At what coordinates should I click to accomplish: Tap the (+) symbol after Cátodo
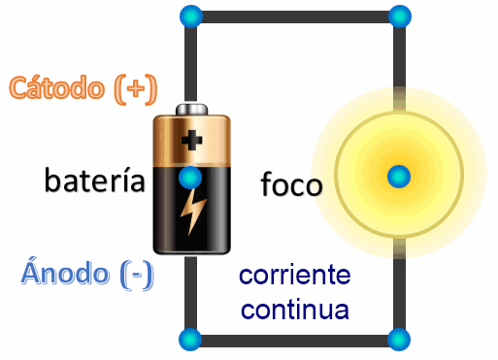tap(134, 88)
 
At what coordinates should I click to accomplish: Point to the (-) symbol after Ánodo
tap(137, 275)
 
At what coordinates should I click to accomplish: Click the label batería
tap(95, 180)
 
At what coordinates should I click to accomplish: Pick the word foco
tap(291, 184)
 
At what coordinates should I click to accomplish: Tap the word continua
tap(295, 311)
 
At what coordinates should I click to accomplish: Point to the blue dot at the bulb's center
tap(398, 177)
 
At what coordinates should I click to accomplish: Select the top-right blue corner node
tap(398, 16)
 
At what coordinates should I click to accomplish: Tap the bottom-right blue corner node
tap(398, 340)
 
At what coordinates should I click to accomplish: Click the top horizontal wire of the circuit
tap(295, 16)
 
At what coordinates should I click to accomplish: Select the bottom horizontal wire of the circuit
tap(295, 341)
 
